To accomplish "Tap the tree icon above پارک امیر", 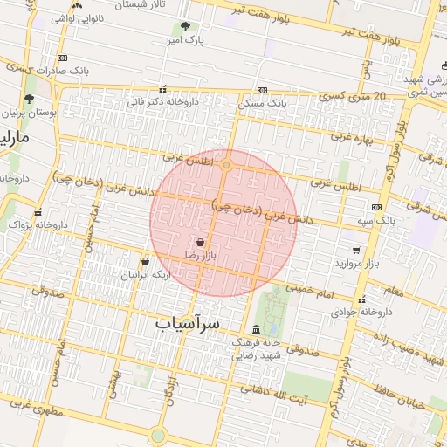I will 184,26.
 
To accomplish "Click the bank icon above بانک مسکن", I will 262,90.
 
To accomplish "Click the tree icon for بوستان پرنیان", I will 30,100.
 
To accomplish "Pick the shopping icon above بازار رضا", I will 201,242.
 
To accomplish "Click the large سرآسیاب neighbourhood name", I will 189,323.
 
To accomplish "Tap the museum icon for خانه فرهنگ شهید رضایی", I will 255,329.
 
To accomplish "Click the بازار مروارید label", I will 359,263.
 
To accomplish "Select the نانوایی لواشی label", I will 78,17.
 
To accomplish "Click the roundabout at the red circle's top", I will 227,164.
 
